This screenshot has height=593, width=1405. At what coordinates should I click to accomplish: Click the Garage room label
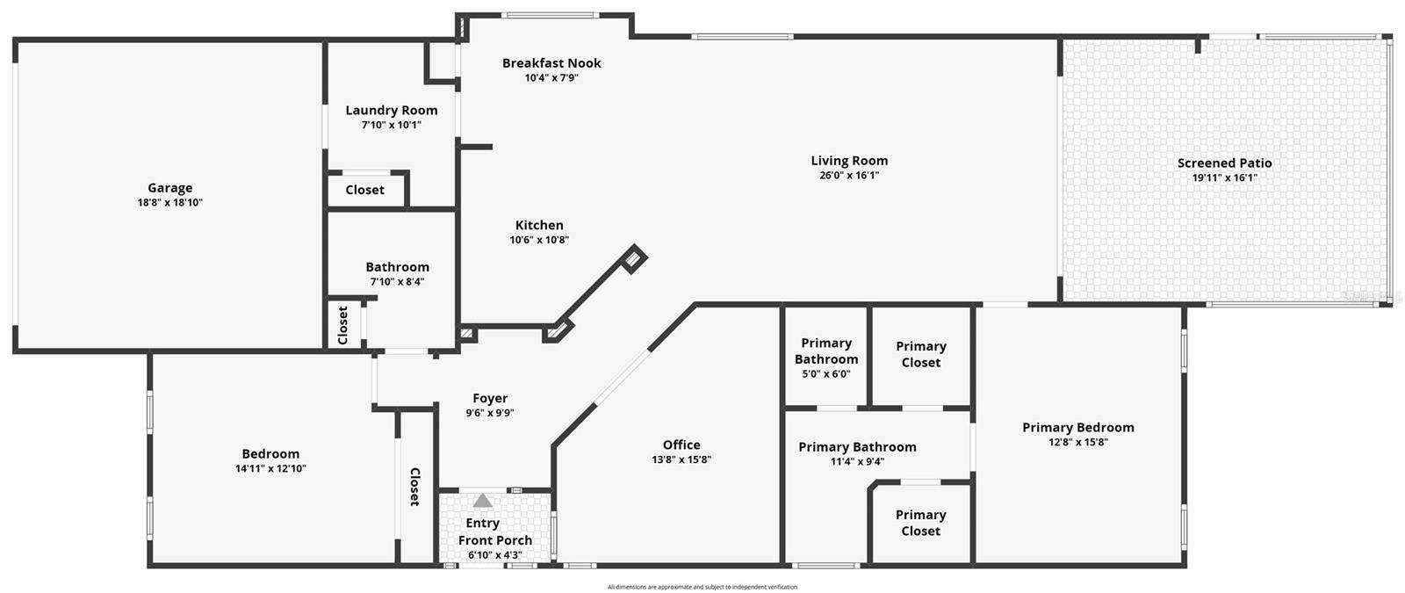pyautogui.click(x=169, y=187)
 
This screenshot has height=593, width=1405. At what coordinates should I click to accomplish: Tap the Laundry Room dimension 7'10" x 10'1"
pyautogui.click(x=392, y=125)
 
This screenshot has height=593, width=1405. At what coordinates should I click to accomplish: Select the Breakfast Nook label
pyautogui.click(x=551, y=62)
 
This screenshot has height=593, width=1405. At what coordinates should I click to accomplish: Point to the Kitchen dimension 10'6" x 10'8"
pyautogui.click(x=539, y=240)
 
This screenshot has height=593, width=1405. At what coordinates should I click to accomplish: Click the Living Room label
pyautogui.click(x=849, y=160)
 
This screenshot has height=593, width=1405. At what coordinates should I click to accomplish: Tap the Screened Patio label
pyautogui.click(x=1224, y=163)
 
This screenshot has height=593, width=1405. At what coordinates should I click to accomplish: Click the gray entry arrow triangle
pyautogui.click(x=482, y=501)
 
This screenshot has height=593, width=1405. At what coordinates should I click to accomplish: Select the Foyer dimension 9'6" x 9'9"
pyautogui.click(x=490, y=413)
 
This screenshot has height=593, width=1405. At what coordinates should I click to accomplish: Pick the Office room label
pyautogui.click(x=681, y=445)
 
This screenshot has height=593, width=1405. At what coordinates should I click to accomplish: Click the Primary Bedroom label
pyautogui.click(x=1078, y=427)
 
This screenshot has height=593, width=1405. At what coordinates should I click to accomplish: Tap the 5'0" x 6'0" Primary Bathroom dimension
pyautogui.click(x=826, y=374)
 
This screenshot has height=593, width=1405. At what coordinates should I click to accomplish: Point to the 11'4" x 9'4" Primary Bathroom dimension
pyautogui.click(x=857, y=462)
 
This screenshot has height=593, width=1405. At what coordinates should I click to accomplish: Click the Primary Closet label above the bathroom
pyautogui.click(x=921, y=354)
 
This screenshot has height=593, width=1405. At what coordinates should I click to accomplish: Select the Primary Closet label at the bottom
pyautogui.click(x=920, y=523)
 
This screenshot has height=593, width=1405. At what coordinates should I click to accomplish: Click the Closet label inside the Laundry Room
pyautogui.click(x=364, y=190)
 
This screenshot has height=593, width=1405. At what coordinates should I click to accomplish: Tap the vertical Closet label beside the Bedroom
pyautogui.click(x=414, y=487)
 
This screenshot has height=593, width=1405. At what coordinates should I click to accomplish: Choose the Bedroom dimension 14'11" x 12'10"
pyautogui.click(x=270, y=469)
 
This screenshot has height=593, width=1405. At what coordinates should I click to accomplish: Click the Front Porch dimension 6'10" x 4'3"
pyautogui.click(x=495, y=555)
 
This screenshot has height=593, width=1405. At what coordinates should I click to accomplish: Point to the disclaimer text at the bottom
pyautogui.click(x=702, y=587)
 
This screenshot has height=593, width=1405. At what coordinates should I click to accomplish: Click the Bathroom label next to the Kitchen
pyautogui.click(x=397, y=266)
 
